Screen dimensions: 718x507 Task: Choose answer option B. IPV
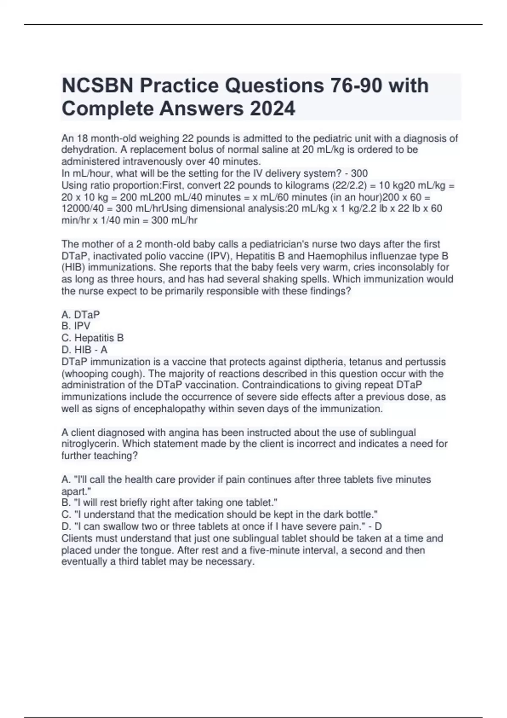tap(76, 326)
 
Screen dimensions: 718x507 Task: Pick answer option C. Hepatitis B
tap(93, 338)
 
